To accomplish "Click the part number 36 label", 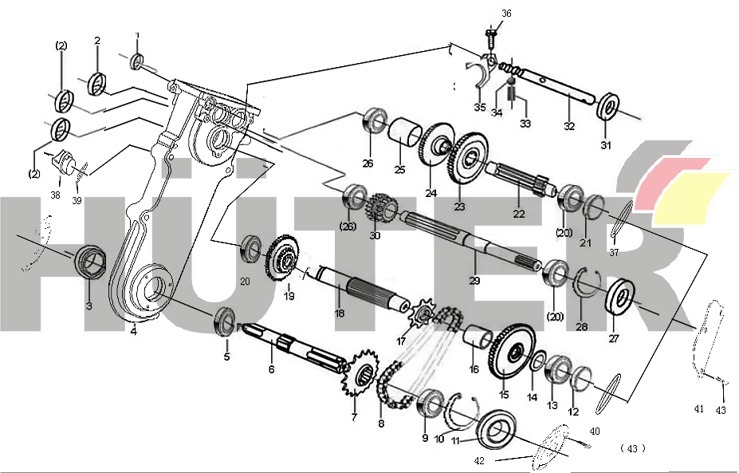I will coord(506,13).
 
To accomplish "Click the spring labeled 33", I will coord(514,94).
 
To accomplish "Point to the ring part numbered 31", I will coord(610,106).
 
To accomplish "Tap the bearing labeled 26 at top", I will coord(371,122).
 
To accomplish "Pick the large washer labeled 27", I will coord(621,295).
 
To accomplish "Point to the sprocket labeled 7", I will coord(363,376).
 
